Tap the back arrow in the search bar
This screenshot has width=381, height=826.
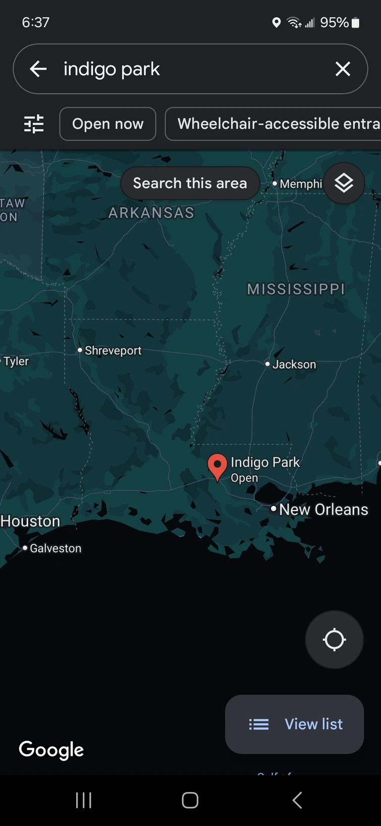(38, 69)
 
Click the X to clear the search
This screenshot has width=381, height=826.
(343, 69)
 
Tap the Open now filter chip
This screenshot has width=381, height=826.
(107, 124)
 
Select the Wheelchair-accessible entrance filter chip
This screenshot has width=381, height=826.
(275, 124)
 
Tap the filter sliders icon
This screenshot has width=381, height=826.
(34, 124)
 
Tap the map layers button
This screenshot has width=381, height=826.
(344, 183)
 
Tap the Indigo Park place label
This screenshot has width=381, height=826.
(265, 462)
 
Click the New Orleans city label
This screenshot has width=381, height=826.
(323, 509)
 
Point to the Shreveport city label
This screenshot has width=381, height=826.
(113, 350)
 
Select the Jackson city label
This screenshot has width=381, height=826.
(294, 365)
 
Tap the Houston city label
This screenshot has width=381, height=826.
(30, 521)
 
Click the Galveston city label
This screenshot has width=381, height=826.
(55, 548)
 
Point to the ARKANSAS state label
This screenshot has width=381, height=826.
(151, 213)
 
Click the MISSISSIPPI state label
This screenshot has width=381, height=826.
(296, 289)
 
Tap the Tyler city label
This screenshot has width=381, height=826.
(16, 362)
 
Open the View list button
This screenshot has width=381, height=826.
(295, 724)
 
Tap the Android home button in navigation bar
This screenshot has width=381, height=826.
(190, 800)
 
